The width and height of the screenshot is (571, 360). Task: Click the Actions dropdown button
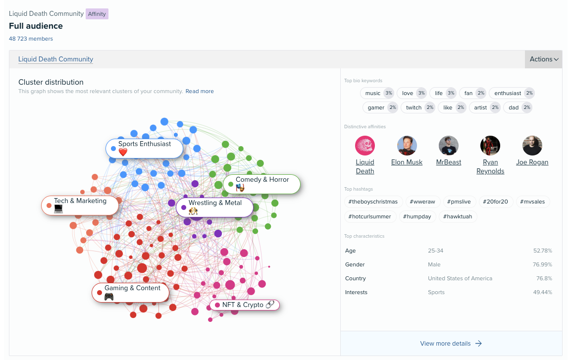click(x=543, y=59)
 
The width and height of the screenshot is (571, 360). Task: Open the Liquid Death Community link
click(x=56, y=59)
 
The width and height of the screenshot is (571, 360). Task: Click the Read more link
click(x=200, y=91)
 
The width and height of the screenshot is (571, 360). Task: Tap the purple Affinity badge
click(x=97, y=14)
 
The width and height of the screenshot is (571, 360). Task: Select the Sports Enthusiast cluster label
click(x=144, y=148)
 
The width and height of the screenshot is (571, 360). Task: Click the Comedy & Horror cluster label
click(x=262, y=184)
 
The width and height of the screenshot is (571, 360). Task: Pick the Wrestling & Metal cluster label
click(x=214, y=207)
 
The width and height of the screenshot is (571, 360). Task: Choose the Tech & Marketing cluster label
click(x=80, y=206)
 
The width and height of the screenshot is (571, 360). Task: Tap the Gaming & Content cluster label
click(x=130, y=292)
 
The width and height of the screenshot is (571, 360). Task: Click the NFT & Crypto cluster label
click(x=245, y=305)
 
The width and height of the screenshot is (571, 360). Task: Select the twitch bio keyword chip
click(x=417, y=107)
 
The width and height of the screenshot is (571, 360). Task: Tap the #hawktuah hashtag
click(x=458, y=216)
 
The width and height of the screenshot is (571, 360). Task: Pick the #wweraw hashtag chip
click(x=422, y=202)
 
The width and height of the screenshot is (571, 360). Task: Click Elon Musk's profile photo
click(x=407, y=146)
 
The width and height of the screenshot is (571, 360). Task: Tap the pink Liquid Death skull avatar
click(x=365, y=146)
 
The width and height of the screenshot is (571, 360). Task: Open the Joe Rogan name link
click(x=532, y=162)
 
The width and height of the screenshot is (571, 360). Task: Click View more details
click(x=451, y=343)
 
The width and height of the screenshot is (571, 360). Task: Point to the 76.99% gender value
click(x=542, y=264)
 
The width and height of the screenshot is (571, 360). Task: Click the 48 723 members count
click(x=31, y=39)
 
